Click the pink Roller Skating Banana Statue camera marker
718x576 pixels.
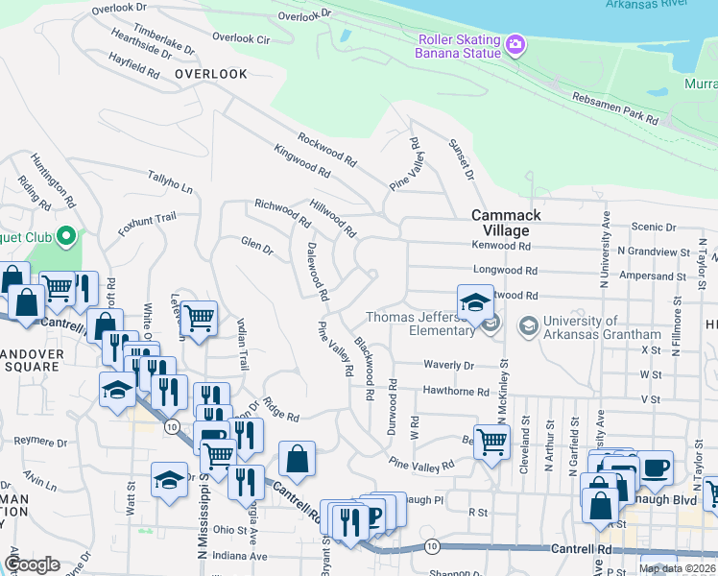click(x=515, y=44)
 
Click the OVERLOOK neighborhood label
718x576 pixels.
click(x=211, y=74)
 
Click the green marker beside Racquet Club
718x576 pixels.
click(x=65, y=235)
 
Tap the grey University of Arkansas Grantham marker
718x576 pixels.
click(x=528, y=326)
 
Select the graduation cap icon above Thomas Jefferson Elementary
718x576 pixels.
click(x=475, y=303)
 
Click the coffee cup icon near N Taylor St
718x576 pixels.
click(x=656, y=468)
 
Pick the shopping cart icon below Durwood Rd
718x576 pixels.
click(x=491, y=443)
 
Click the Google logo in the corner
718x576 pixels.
click(x=33, y=564)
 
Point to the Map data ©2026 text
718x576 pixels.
click(x=677, y=568)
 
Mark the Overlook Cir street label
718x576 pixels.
click(x=241, y=38)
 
